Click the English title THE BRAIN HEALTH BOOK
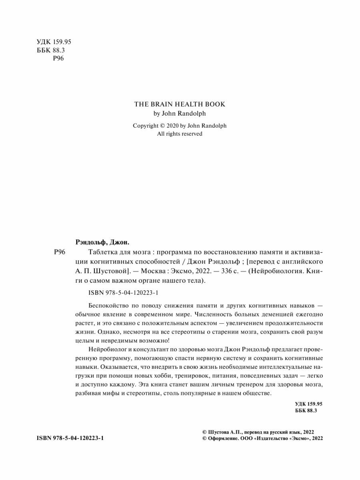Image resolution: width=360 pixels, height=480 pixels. coord(180,104)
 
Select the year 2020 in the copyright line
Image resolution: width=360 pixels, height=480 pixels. coord(172,125)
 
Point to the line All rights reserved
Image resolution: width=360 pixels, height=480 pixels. coord(180,134)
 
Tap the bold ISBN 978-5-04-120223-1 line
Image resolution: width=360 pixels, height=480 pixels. coord(70,438)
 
